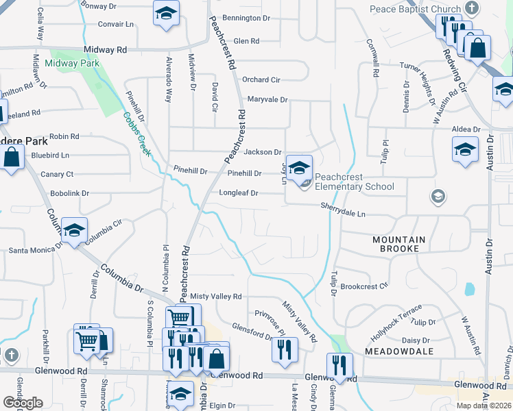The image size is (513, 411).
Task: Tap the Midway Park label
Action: [x=71, y=64]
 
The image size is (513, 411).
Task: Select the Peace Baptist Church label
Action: [x=415, y=9]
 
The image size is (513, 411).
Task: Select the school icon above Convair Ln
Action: [x=165, y=14]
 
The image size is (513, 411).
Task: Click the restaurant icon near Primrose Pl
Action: [x=285, y=349]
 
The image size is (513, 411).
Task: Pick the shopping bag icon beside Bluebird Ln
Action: [x=12, y=158]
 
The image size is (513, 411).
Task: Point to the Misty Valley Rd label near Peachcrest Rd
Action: [x=216, y=296]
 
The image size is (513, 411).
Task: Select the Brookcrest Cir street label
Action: [x=364, y=285]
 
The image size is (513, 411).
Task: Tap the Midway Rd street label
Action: [x=105, y=50]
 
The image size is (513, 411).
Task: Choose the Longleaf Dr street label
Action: [x=238, y=193]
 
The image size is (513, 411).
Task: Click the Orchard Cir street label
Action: [x=261, y=79]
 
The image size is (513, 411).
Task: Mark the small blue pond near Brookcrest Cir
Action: [x=469, y=289]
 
